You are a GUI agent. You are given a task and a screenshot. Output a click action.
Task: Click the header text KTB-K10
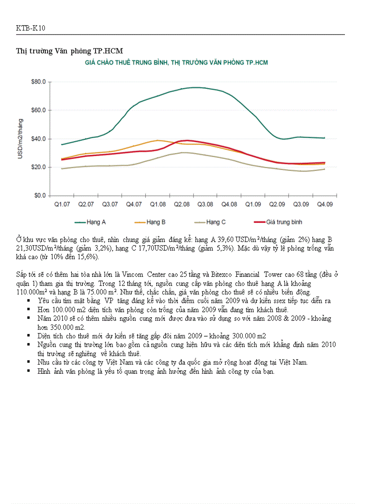point(30,28)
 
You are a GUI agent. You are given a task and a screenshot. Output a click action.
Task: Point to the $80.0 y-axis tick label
point(38,82)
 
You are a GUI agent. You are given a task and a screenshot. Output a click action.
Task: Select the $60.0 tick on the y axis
point(38,110)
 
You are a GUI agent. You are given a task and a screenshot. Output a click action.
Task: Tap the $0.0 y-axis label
point(40,196)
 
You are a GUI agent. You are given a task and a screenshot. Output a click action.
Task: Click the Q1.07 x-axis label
point(62,204)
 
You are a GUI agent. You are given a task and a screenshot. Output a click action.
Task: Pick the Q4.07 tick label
point(134,204)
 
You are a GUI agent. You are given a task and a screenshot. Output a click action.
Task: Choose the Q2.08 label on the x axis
point(181,204)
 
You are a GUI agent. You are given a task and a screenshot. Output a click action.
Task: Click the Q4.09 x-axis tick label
point(325,204)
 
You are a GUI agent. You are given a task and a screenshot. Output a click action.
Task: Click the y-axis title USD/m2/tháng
point(20,138)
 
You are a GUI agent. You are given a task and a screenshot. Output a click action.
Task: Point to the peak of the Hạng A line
point(195,88)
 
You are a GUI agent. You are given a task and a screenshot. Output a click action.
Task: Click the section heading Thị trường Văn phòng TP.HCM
point(69,50)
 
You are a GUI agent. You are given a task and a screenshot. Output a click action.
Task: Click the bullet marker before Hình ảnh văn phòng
point(29,371)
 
